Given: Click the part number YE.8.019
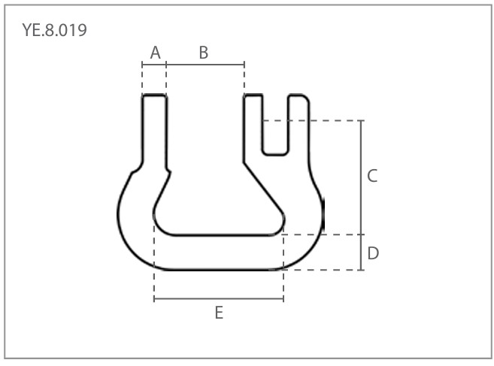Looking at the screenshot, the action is pyautogui.click(x=54, y=30).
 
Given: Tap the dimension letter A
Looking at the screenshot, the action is pyautogui.click(x=156, y=53).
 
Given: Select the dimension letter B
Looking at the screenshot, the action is pyautogui.click(x=204, y=53).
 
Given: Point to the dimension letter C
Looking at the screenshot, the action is pyautogui.click(x=372, y=176).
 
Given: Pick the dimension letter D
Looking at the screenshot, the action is pyautogui.click(x=373, y=253).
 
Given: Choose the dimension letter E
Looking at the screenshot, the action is pyautogui.click(x=220, y=313).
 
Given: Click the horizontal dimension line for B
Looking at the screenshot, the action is pyautogui.click(x=205, y=65).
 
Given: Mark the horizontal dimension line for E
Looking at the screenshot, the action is pyautogui.click(x=219, y=298).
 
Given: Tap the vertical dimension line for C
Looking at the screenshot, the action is pyautogui.click(x=361, y=177).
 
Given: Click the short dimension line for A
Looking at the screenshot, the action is pyautogui.click(x=154, y=65).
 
